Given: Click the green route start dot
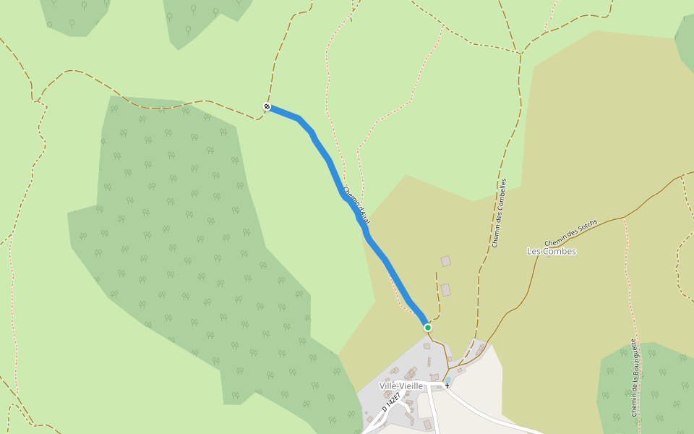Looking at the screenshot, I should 428,328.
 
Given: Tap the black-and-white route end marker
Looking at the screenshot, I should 267,107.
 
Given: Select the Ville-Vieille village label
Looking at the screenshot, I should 400,386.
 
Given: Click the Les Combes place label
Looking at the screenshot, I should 552,252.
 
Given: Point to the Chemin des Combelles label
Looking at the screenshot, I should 500,213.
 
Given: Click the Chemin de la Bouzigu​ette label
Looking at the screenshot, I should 634,378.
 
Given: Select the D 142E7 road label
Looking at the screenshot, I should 391,401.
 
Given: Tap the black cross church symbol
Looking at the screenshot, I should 447,386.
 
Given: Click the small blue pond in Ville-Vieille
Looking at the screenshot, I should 447,380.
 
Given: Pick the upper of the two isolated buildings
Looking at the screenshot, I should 446,261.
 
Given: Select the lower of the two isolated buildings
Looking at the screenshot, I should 446,290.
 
